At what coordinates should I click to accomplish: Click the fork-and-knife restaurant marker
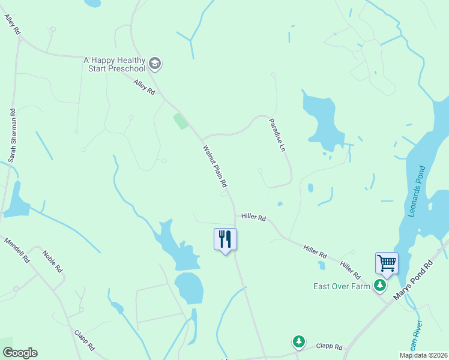coord(226,239)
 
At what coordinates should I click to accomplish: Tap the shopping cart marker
coord(387,263)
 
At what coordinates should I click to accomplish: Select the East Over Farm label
coord(342,286)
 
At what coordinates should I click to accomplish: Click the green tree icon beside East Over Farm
coord(379,286)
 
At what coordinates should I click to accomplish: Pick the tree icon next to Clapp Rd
coord(298,341)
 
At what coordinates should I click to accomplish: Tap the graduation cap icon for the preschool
coord(155,63)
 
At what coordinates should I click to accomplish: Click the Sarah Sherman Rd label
coord(11,136)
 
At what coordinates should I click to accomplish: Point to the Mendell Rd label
coord(17,250)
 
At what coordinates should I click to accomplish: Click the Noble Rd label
coord(53,261)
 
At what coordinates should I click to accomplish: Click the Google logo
coord(20,353)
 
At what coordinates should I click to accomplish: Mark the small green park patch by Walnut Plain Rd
coord(181,121)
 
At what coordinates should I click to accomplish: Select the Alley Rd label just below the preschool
coord(145,88)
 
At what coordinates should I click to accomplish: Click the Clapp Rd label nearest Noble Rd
coord(84,340)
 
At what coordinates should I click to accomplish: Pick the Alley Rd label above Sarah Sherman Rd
coord(12,24)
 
